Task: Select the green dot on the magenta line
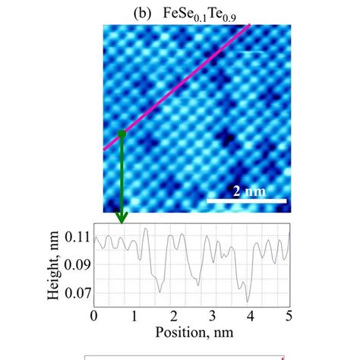121,134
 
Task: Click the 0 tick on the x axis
93,314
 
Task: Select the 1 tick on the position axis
133,314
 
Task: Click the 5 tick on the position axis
289,314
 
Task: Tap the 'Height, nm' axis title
55,263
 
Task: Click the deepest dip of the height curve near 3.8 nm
245,300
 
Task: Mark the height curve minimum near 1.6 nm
159,291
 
